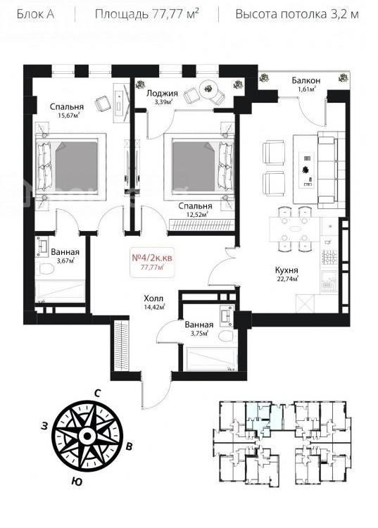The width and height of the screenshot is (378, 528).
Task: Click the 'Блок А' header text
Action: (35, 15)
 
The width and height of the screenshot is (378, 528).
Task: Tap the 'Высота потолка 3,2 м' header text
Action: (297, 15)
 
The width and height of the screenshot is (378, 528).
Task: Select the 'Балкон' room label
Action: (306, 80)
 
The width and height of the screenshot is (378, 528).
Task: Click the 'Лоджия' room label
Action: (162, 93)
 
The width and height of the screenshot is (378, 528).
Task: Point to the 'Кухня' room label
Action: (286, 270)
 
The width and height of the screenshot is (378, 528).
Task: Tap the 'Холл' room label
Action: (153, 298)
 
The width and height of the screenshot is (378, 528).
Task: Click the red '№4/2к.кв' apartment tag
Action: (153, 258)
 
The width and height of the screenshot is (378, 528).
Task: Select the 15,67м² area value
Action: (69, 115)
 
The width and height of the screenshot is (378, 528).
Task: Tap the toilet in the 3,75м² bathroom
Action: (227, 336)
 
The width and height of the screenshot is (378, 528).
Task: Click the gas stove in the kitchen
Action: (330, 258)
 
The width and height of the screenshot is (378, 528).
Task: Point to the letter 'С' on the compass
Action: (98, 393)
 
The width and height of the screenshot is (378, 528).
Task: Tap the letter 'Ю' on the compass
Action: (77, 482)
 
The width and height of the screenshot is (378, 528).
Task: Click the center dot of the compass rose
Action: (87, 436)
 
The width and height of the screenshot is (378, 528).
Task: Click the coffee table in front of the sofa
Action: (307, 170)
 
